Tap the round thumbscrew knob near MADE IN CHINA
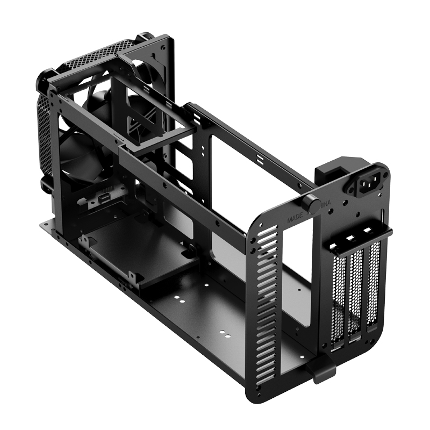coord(310,204)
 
